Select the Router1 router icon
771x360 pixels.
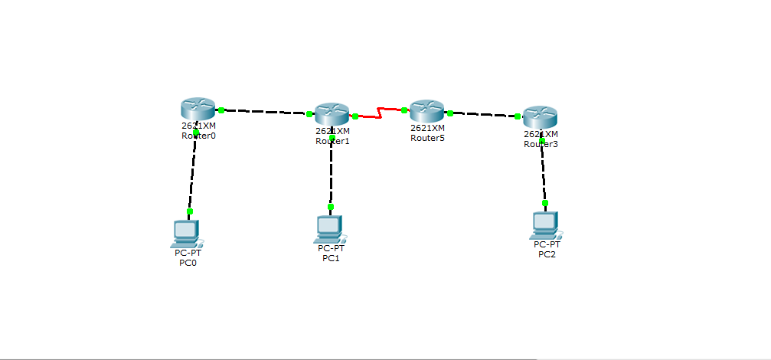332,114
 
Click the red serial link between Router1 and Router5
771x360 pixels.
380,114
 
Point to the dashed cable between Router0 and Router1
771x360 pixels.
264,112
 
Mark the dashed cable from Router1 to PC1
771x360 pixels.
332,172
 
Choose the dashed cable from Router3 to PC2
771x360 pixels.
544,172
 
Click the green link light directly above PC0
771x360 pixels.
190,211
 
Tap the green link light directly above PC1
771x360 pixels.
331,206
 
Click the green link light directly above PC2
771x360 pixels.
545,203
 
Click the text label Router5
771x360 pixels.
426,139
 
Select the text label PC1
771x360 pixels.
331,258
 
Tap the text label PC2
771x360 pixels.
547,254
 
